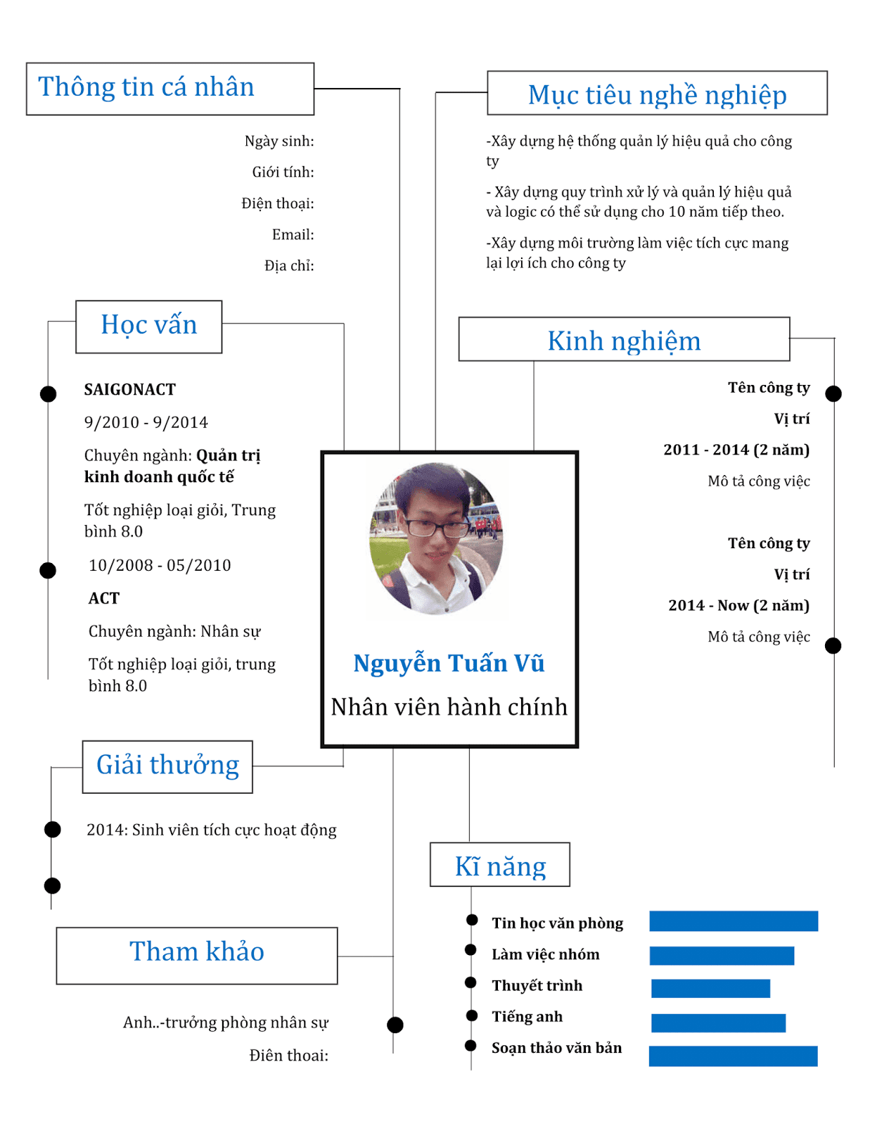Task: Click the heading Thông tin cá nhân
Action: pyautogui.click(x=146, y=87)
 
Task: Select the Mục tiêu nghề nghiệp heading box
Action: pyautogui.click(x=657, y=94)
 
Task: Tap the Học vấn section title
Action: pyautogui.click(x=149, y=325)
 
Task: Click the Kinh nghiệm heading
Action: pyautogui.click(x=624, y=341)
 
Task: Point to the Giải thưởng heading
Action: pyautogui.click(x=167, y=765)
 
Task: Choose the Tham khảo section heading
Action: pyautogui.click(x=196, y=952)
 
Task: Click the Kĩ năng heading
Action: pyautogui.click(x=500, y=866)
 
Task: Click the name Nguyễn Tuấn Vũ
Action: pyautogui.click(x=449, y=663)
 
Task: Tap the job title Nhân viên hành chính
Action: pyautogui.click(x=449, y=707)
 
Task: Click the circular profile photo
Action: pyautogui.click(x=437, y=539)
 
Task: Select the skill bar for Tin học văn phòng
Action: pyautogui.click(x=734, y=921)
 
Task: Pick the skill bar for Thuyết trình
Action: pyautogui.click(x=710, y=988)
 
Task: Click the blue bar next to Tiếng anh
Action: pyautogui.click(x=718, y=1023)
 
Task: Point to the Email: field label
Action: pyautogui.click(x=293, y=234)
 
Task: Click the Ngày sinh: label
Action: pyautogui.click(x=279, y=141)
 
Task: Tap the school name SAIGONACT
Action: pyautogui.click(x=130, y=390)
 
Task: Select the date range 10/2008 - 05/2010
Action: pyautogui.click(x=160, y=565)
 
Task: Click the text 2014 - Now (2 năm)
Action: pyautogui.click(x=738, y=605)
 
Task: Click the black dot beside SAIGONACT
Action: pyautogui.click(x=48, y=394)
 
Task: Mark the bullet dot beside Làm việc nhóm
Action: pyautogui.click(x=471, y=950)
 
